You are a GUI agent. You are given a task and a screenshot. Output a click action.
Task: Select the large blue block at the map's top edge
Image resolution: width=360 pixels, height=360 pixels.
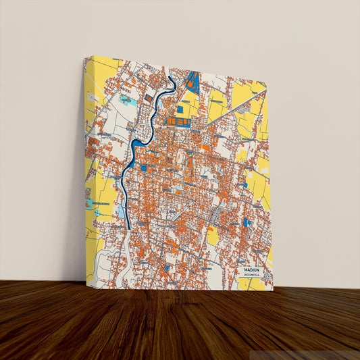click(x=193, y=82)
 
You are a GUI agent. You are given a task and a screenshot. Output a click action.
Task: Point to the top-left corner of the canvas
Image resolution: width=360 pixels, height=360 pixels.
click(x=84, y=57)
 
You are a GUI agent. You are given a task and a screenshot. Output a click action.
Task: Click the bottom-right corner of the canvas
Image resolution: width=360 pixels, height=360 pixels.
click(x=274, y=290)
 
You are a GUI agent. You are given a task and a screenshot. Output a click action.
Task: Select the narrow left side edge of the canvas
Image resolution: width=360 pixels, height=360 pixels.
click(x=84, y=169)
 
